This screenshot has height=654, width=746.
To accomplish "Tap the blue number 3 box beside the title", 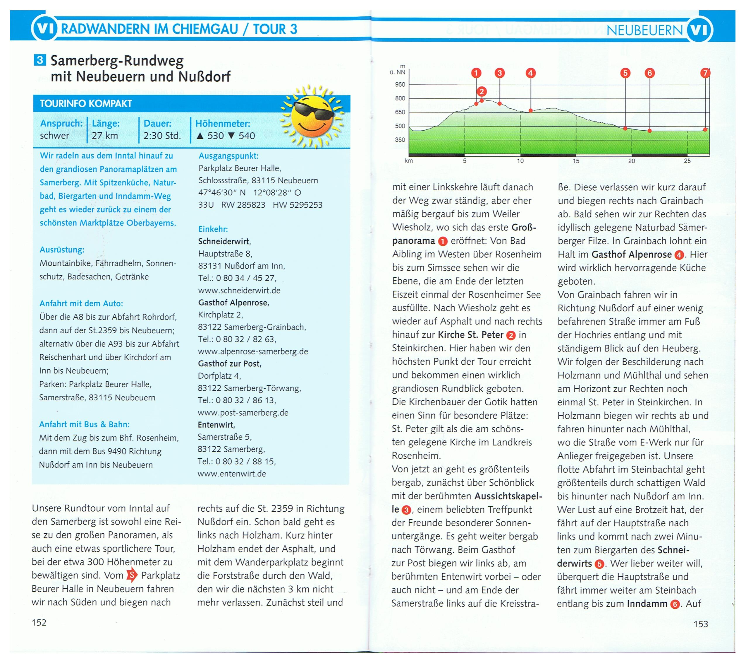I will pos(40,59).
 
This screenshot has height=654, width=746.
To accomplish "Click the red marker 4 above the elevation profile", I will pos(530,73).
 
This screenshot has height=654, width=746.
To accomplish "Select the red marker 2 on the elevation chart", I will pos(482,91).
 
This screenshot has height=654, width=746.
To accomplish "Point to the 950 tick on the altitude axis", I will pos(400,85).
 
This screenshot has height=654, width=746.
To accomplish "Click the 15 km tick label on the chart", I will pos(576,161).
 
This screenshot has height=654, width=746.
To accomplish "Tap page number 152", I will pos(39,622).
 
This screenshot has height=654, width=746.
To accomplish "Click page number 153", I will pos(700,624).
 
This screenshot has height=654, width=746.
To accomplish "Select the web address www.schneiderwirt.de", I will pos(239,291).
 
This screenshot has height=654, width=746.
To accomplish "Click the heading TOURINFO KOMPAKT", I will pos(86,104).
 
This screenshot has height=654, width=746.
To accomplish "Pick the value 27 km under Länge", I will pos(105,136).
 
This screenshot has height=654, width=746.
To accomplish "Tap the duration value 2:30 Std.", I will pos(162,136).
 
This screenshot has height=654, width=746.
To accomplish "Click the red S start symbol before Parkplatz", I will pos(132,576).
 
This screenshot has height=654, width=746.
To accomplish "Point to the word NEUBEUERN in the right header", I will pos(644,30).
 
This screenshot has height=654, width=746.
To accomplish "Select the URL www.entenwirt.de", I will pos(232,474).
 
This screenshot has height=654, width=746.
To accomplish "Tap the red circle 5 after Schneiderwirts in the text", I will pos(599,564).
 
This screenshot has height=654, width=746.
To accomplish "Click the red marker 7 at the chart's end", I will pos(705,73).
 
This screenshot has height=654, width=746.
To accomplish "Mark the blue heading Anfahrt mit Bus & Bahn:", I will pos(85,424).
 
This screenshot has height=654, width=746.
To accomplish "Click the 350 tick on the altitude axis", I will pos(400,140).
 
